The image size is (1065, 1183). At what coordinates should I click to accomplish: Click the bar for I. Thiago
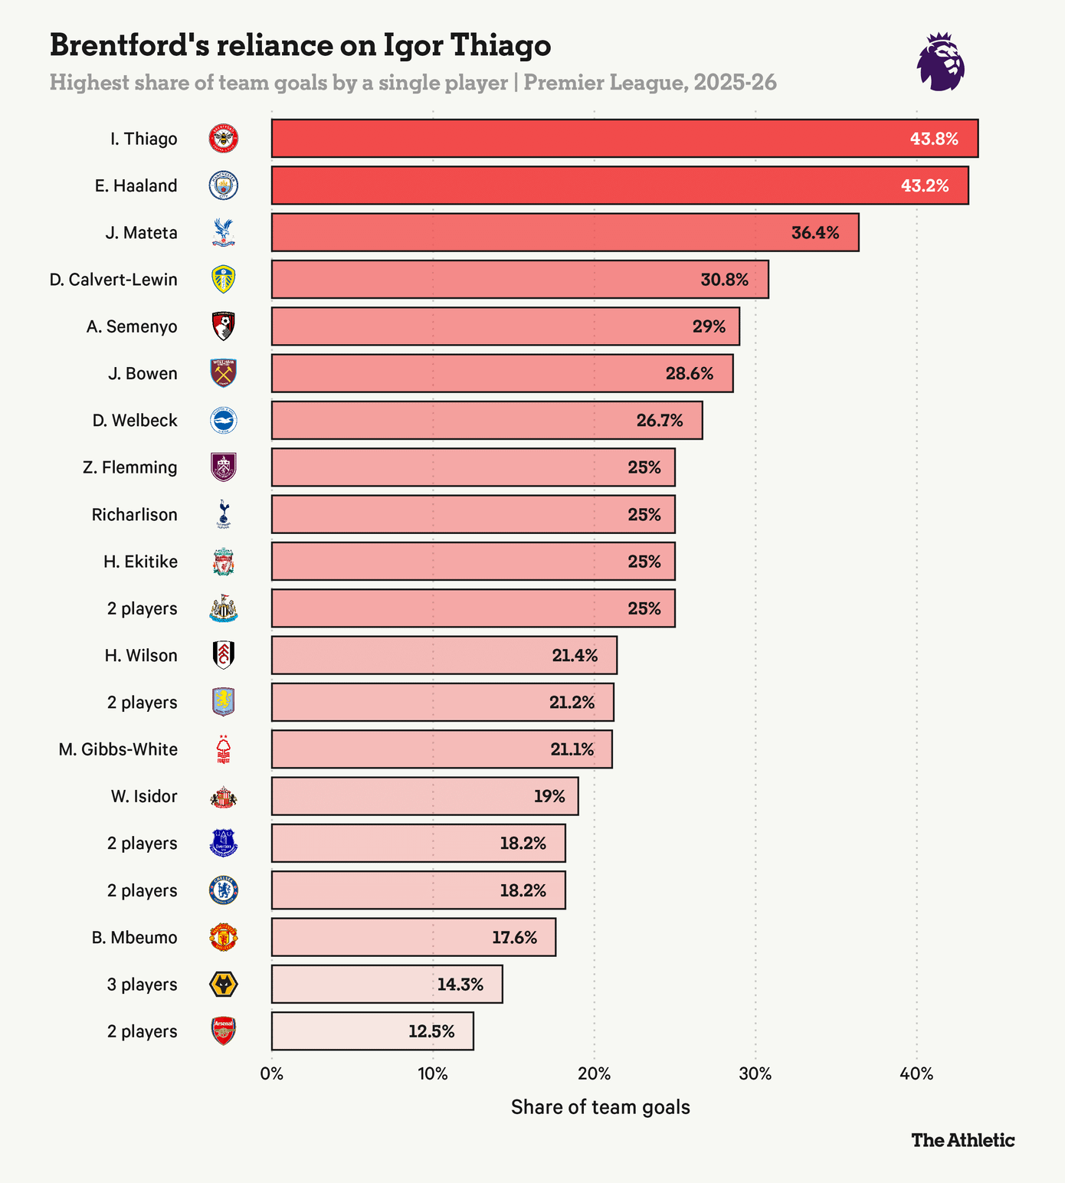(624, 139)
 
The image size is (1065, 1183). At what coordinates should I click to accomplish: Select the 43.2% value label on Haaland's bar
(925, 185)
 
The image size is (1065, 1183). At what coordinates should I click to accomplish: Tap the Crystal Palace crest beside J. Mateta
(224, 233)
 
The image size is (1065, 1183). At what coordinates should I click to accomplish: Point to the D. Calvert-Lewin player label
(113, 280)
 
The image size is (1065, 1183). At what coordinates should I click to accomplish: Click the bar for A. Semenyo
(506, 326)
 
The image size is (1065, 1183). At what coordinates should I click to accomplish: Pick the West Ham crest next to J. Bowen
(224, 373)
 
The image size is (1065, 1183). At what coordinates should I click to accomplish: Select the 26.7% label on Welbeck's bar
(660, 421)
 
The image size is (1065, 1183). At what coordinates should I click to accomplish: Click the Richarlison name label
(135, 514)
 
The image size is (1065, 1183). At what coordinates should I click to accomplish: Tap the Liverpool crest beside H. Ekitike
(224, 562)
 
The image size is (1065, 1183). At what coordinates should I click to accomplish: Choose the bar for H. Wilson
(444, 655)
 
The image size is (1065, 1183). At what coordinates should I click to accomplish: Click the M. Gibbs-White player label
(118, 749)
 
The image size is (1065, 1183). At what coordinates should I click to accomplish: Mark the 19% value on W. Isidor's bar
(549, 796)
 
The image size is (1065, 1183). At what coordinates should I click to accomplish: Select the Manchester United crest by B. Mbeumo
(224, 937)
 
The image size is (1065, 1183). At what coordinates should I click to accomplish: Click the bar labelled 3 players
(387, 984)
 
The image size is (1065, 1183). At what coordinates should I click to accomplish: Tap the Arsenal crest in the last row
(224, 1031)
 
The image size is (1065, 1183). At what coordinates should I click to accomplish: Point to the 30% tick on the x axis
(755, 1073)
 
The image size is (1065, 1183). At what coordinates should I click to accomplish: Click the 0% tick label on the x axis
(272, 1073)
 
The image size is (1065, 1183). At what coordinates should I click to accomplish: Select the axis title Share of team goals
(601, 1107)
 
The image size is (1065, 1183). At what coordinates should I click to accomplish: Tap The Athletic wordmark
(963, 1140)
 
